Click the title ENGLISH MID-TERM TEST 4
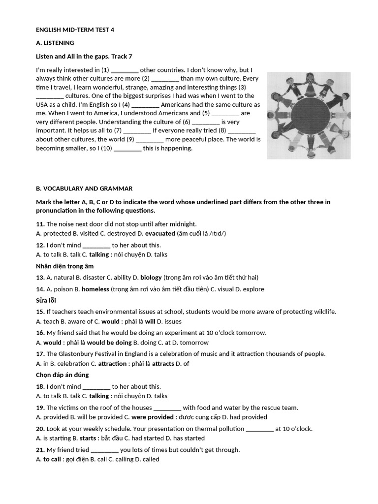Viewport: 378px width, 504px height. click(75, 30)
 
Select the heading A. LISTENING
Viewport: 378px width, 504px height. click(55, 43)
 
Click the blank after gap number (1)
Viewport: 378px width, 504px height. click(125, 70)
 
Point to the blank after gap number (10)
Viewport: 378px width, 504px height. click(127, 148)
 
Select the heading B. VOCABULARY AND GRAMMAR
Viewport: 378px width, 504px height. click(84, 189)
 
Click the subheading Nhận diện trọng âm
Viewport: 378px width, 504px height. click(64, 266)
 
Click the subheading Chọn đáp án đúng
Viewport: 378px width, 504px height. click(62, 375)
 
